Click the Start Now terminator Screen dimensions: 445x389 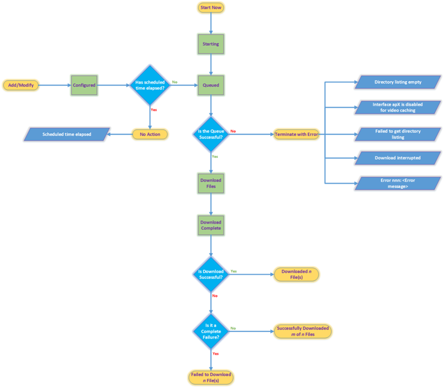[x=211, y=7]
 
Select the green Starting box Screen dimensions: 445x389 [x=211, y=44]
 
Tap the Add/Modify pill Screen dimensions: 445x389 [x=21, y=85]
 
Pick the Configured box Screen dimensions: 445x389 [x=84, y=85]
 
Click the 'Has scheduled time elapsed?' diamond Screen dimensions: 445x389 [x=150, y=85]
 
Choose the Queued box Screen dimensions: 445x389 [x=211, y=85]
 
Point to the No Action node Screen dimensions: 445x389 [x=150, y=134]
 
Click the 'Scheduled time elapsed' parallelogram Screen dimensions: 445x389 [x=67, y=134]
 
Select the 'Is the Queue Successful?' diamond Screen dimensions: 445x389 [x=211, y=134]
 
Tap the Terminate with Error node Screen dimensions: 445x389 [x=296, y=134]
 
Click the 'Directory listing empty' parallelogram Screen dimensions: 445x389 [x=398, y=82]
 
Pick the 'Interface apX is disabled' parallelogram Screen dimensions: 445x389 [x=398, y=108]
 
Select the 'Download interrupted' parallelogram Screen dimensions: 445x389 [x=398, y=158]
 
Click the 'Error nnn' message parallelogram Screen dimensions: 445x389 [x=398, y=183]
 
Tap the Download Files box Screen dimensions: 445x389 [x=211, y=183]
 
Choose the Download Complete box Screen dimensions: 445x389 [x=211, y=226]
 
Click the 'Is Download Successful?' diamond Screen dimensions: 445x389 [x=211, y=274]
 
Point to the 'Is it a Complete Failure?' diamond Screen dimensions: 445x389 [x=211, y=331]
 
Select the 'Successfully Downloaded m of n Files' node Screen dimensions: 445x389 [x=302, y=331]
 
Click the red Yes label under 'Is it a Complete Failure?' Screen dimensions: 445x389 [x=216, y=353]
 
